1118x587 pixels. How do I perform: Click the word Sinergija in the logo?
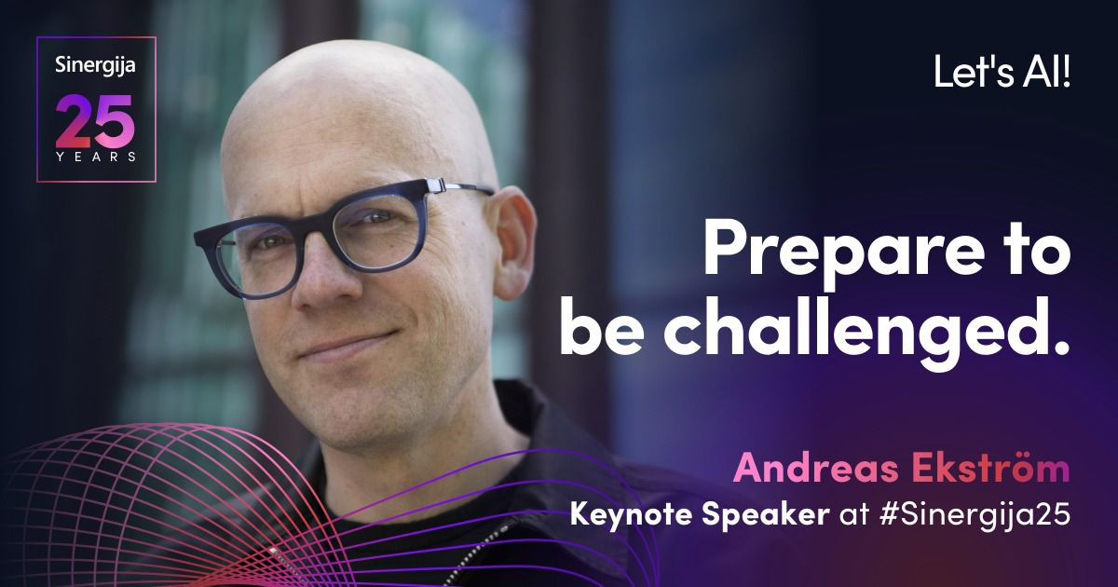95,66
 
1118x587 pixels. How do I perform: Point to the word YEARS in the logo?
96,157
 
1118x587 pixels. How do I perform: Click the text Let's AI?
1002,73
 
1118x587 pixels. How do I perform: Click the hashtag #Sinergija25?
975,514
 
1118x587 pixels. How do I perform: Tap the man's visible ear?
511,242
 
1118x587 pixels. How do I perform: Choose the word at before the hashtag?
855,515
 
